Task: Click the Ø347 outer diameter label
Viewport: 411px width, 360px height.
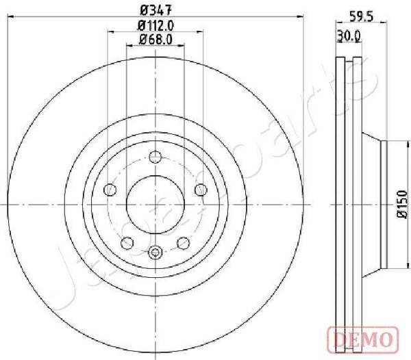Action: coord(155,10)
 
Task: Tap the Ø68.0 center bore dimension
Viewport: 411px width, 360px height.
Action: coord(155,39)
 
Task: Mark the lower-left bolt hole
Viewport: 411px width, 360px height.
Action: coord(127,242)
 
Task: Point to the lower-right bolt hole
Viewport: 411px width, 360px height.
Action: coord(183,242)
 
